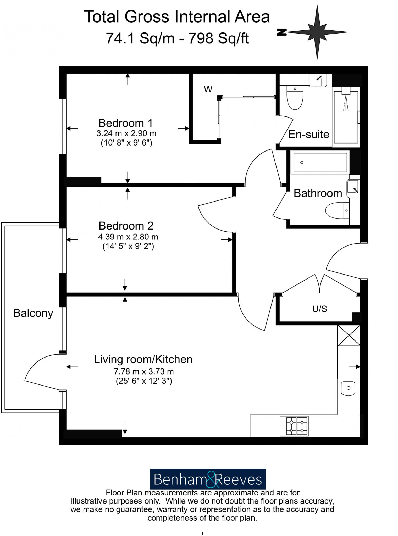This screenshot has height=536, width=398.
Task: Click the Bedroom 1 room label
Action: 125,123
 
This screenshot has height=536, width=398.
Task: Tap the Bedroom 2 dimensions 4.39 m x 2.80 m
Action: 128,237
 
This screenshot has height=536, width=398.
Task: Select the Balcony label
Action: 33,313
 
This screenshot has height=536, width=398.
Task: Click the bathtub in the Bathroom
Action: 320,163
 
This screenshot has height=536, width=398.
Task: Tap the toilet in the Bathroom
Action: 338,210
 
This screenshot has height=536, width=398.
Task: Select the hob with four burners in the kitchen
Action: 294,426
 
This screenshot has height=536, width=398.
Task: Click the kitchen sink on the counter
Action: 348,388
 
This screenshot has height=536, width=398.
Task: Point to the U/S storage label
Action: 319,309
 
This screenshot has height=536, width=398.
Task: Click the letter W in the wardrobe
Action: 208,90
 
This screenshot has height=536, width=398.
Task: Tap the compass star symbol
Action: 317,32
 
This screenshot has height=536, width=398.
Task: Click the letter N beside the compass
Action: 282,32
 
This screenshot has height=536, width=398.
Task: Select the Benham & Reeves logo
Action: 208,479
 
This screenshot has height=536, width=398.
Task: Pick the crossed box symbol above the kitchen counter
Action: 349,335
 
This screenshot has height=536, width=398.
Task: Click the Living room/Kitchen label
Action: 143,359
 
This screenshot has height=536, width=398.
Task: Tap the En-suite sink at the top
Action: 317,80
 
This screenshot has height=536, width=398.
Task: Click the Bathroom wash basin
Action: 353,188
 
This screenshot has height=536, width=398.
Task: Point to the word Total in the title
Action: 102,17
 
